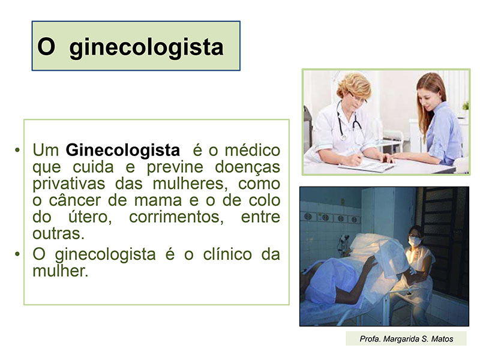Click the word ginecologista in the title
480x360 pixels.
click(146, 48)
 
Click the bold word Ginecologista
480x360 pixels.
click(123, 151)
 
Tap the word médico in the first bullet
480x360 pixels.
click(253, 150)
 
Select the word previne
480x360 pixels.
click(175, 167)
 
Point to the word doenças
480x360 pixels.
click(248, 167)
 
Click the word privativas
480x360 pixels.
click(69, 184)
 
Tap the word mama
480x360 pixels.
click(158, 200)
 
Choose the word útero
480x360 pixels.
click(89, 217)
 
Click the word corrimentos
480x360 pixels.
click(176, 217)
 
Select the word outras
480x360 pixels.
click(58, 234)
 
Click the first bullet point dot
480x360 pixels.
click(17, 150)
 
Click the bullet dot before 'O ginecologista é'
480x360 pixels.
click(17, 254)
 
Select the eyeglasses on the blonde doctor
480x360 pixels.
click(358, 98)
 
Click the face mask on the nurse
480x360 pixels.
click(414, 241)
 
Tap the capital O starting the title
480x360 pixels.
click(46, 47)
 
